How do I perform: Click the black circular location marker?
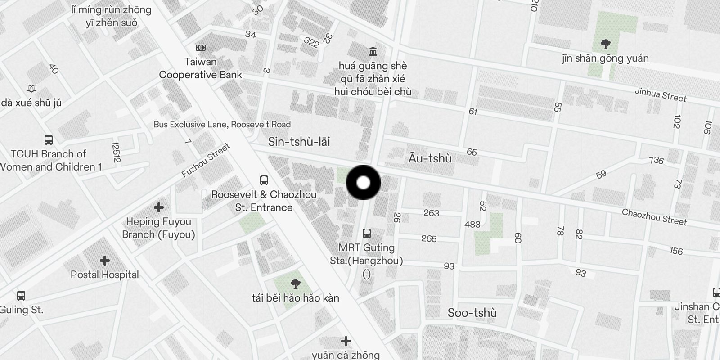point(363,183)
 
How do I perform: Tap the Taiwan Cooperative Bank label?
point(201,68)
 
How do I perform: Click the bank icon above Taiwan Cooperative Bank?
point(201,48)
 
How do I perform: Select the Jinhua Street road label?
point(660,95)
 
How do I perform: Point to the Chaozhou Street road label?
point(654,217)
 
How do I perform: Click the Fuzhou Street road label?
point(206,161)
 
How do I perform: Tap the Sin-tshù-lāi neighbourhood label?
point(299,142)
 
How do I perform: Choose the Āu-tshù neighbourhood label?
point(430,158)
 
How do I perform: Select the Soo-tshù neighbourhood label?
point(472,313)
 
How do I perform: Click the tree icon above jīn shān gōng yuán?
point(605,44)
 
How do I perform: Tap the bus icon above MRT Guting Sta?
point(367,233)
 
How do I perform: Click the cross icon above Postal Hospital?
point(105,261)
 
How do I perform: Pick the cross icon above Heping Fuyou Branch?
point(158,207)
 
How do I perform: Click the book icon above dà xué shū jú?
point(31,88)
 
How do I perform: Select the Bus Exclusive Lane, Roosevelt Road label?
point(222,125)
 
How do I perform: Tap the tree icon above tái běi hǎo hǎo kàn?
point(295,283)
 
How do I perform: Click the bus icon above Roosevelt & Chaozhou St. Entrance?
point(264,180)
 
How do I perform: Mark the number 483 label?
point(472,224)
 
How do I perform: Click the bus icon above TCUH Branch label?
point(49,139)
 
